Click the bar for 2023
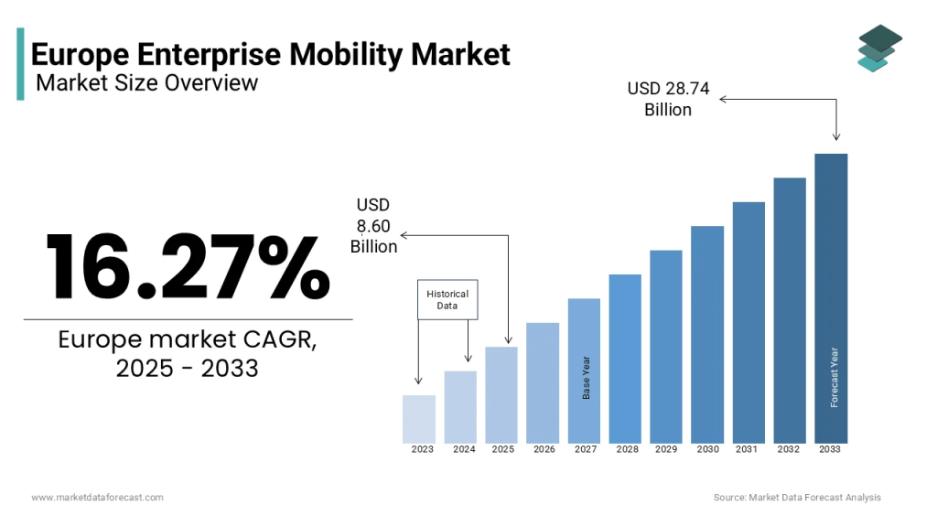[419, 418]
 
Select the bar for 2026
[543, 382]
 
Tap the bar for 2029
[666, 346]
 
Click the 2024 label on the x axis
[464, 449]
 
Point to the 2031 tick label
[748, 449]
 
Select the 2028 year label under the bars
[628, 449]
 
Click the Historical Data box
[447, 299]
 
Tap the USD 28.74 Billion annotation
[668, 100]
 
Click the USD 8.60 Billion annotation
[373, 226]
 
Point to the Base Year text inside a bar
[587, 376]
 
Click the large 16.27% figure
[188, 266]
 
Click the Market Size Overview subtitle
[146, 83]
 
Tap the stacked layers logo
[879, 48]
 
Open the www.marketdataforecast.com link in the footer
[97, 497]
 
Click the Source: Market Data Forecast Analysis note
[797, 497]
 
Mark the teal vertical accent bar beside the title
[20, 63]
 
